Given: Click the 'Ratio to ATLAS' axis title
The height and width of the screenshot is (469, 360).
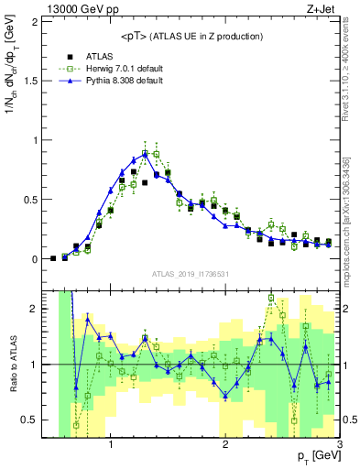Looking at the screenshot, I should tap(14, 364).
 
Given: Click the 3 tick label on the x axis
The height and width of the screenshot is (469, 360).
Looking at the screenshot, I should tap(339, 445).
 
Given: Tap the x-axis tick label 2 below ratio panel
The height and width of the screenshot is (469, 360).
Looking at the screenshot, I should tap(225, 445).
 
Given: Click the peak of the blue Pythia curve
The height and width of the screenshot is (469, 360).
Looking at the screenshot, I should tap(145, 153).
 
